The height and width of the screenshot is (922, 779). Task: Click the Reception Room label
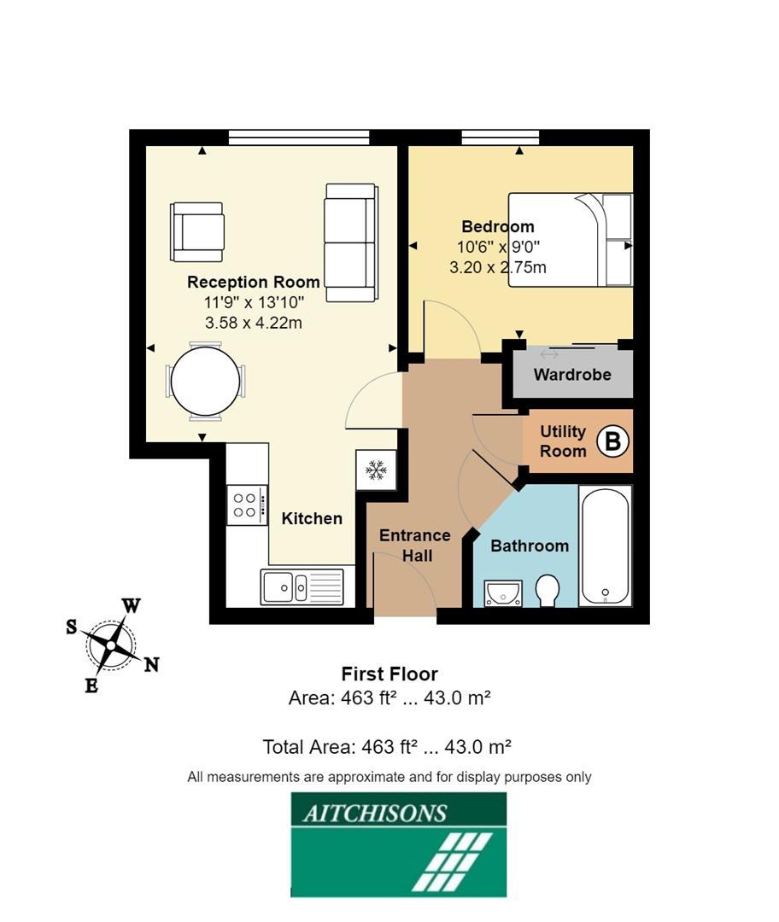(x=254, y=282)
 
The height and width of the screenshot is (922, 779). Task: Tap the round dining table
(x=205, y=381)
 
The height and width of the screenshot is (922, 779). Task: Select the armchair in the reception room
(x=197, y=231)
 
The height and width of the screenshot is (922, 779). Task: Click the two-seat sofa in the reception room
(x=349, y=242)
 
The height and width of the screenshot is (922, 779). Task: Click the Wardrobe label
(x=572, y=375)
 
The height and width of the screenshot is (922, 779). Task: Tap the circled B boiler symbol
(x=612, y=441)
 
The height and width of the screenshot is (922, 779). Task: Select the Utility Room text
(x=563, y=441)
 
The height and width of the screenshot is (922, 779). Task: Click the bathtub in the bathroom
(x=605, y=546)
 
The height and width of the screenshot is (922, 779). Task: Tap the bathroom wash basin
(x=502, y=592)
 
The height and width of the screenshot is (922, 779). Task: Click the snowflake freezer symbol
(x=375, y=470)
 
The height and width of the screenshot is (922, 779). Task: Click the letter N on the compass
(x=151, y=665)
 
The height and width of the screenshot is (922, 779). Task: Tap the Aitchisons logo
(x=398, y=844)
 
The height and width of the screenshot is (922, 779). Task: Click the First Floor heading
(x=389, y=674)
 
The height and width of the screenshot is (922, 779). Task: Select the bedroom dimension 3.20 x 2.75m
(x=498, y=267)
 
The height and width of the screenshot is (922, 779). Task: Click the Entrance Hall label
(x=414, y=546)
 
